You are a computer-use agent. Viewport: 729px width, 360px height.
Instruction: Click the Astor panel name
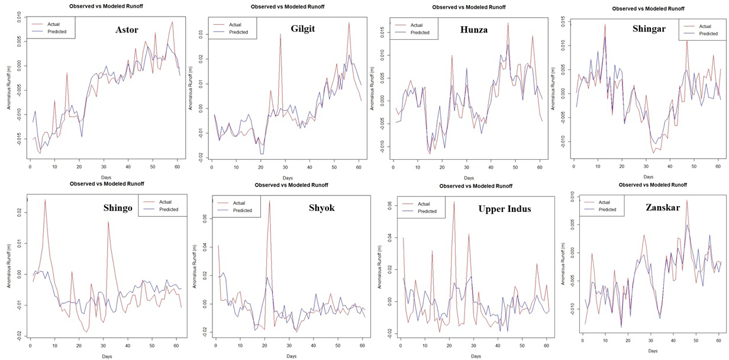pyautogui.click(x=131, y=28)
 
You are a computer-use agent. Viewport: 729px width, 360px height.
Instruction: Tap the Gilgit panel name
pyautogui.click(x=307, y=29)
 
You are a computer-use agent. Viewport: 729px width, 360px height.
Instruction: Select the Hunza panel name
pyautogui.click(x=472, y=30)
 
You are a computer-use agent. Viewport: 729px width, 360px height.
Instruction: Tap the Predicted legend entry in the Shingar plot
pyautogui.click(x=708, y=34)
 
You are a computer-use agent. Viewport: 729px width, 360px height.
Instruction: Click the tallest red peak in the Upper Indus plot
pyautogui.click(x=454, y=202)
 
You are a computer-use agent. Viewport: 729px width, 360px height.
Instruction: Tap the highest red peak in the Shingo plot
pyautogui.click(x=45, y=200)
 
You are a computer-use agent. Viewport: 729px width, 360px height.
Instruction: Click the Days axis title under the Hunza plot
pyautogui.click(x=469, y=178)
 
